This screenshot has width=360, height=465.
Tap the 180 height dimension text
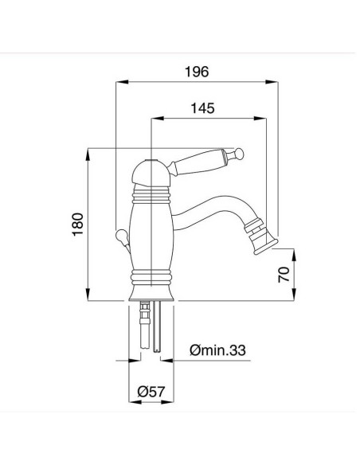(x=77, y=225)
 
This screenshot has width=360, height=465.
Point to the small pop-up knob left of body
(x=119, y=236)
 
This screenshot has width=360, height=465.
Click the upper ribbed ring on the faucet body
(x=151, y=192)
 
